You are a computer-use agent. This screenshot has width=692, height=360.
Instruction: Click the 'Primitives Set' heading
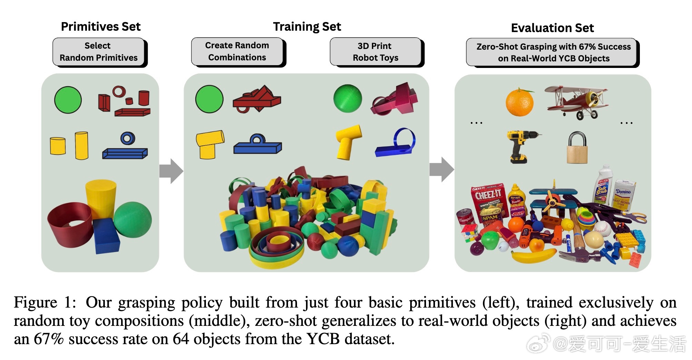point(101,27)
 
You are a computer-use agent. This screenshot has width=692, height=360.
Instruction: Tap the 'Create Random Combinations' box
point(237,51)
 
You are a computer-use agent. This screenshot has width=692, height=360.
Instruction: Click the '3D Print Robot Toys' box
point(375,52)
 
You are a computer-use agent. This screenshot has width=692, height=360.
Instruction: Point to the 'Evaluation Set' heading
point(552,28)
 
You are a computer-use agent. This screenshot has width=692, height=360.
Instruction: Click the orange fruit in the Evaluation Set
point(519,102)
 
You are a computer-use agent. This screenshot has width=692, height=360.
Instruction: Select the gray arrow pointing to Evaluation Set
point(442,169)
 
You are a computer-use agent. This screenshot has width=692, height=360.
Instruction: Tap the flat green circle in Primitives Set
point(68,100)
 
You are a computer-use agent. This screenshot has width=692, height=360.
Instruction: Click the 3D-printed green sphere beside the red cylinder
point(132,220)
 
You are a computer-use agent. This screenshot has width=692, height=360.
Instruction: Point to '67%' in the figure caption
point(48,339)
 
